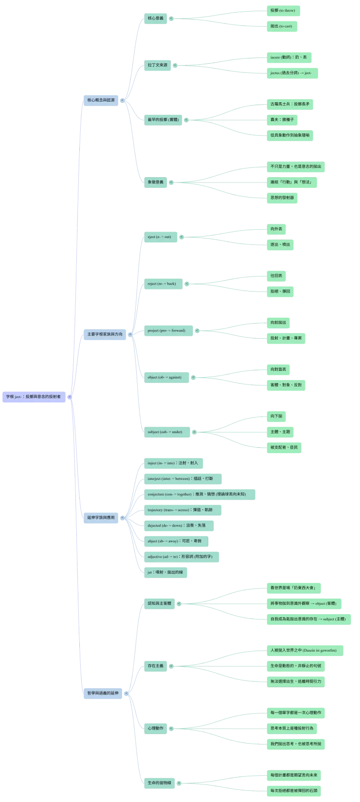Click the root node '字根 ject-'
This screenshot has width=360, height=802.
point(34,397)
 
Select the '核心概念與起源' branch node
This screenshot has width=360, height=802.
point(101,100)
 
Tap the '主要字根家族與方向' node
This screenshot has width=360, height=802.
point(105,334)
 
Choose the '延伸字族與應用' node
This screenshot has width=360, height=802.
point(101,517)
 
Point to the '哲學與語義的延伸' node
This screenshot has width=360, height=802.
point(103,693)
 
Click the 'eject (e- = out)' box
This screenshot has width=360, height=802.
point(159,237)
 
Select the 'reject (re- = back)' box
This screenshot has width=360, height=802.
point(162,284)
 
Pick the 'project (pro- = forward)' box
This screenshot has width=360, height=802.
point(166,330)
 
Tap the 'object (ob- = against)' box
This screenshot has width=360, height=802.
point(164,377)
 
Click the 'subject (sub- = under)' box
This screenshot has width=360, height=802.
point(165,432)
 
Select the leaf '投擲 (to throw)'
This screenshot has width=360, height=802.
point(283,10)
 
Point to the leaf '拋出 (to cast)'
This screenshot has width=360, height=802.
point(281,26)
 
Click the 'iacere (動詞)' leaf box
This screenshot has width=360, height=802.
point(288,57)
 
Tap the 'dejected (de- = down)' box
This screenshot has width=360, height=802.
point(177,526)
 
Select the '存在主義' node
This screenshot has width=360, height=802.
point(156,666)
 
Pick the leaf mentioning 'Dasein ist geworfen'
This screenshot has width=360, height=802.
point(303,650)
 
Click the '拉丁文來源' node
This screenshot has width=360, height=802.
point(157,65)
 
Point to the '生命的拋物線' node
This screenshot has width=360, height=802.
point(159,783)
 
